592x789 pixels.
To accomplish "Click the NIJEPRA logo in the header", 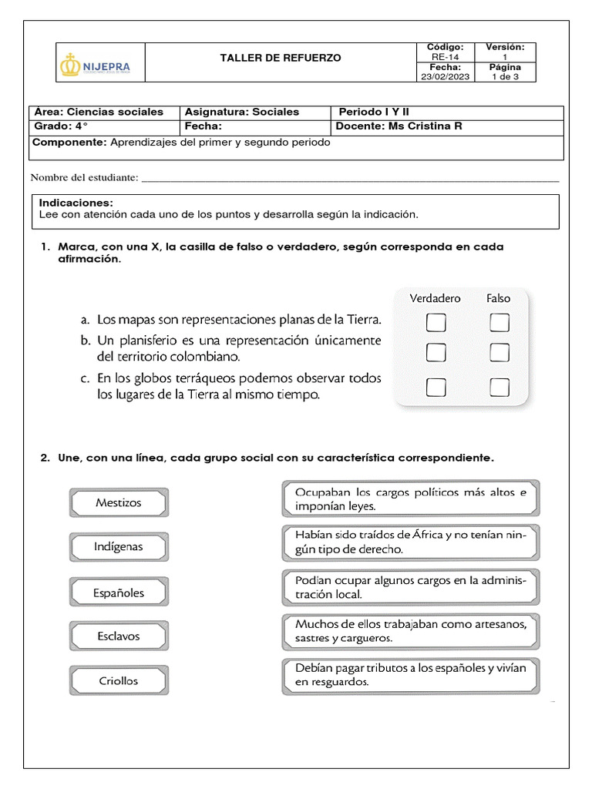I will [x=96, y=67].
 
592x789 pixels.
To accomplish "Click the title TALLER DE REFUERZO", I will [x=280, y=58].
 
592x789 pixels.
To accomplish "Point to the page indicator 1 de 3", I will [x=505, y=76].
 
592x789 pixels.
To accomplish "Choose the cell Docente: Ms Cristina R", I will [x=399, y=126].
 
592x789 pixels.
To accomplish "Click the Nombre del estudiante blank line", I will [x=351, y=180].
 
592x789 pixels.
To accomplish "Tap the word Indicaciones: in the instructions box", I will [x=76, y=203].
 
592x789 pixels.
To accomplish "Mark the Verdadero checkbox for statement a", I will [x=436, y=322].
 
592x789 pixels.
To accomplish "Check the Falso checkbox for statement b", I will [x=499, y=353].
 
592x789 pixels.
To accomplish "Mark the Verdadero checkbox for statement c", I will [x=436, y=386].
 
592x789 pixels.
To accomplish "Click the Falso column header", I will [x=498, y=298].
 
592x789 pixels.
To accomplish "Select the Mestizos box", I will [x=119, y=502].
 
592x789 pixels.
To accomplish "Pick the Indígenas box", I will [x=119, y=547].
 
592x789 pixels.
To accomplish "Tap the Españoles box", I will [x=119, y=593].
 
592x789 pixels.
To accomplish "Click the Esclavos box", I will [x=119, y=636].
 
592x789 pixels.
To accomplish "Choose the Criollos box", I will [x=119, y=681].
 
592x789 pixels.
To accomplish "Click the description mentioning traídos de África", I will [x=410, y=542].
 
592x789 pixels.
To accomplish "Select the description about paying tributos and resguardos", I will [x=410, y=675].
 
